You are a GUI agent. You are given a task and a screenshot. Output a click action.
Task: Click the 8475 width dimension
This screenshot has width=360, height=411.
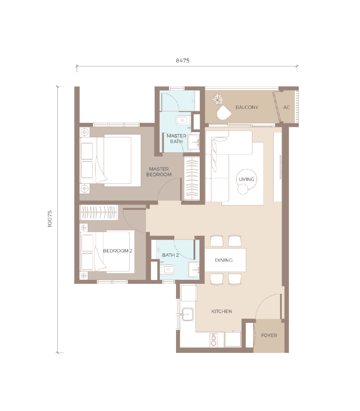click(x=182, y=61)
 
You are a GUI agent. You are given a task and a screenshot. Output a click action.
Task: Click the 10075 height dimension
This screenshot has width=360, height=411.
click(x=50, y=219)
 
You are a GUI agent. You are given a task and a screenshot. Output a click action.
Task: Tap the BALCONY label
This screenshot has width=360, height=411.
click(x=247, y=107)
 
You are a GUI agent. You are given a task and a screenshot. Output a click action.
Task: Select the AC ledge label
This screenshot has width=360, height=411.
click(x=287, y=107)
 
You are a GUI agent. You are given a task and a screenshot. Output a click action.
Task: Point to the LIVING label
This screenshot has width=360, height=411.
click(x=247, y=179)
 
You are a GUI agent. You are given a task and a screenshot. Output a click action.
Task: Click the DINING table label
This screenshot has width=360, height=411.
click(x=223, y=260)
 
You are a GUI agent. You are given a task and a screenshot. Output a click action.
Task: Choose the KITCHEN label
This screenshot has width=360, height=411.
click(x=221, y=311)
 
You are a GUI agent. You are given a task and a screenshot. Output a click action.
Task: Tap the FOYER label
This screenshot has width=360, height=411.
click(x=269, y=335)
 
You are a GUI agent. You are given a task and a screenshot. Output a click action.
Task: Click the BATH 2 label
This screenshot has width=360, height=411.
click(x=170, y=255)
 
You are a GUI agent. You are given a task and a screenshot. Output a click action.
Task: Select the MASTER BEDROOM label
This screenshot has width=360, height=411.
click(x=159, y=171)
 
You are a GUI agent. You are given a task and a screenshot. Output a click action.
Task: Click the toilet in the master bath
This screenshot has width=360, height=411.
click(x=183, y=120)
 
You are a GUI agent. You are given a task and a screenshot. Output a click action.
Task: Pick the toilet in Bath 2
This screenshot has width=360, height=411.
click(x=167, y=270)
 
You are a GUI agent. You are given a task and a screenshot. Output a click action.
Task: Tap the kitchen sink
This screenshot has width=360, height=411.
click(x=187, y=314)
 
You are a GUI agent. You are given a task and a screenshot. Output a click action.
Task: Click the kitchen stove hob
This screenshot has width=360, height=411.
click(x=214, y=340)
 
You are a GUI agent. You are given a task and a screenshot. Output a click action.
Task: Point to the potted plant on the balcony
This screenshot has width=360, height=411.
click(x=217, y=100)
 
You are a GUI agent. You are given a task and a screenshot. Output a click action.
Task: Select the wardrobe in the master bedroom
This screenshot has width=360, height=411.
click(x=192, y=178)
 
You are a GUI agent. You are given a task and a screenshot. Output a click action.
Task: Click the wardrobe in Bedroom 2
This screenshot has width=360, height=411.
click(x=99, y=212)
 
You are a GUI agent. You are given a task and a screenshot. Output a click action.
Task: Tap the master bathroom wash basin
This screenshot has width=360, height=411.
click(x=194, y=142)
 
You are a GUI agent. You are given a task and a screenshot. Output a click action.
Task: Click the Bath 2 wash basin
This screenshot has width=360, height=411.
click(x=194, y=270)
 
